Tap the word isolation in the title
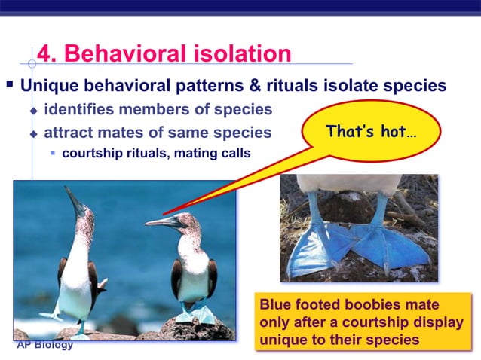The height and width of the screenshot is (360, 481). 239,54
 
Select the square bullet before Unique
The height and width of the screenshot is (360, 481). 9,84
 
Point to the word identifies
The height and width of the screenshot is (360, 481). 81,110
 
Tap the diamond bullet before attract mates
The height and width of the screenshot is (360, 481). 32,134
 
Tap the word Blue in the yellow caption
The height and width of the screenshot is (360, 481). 277,306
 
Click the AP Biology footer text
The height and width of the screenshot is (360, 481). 45,345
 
